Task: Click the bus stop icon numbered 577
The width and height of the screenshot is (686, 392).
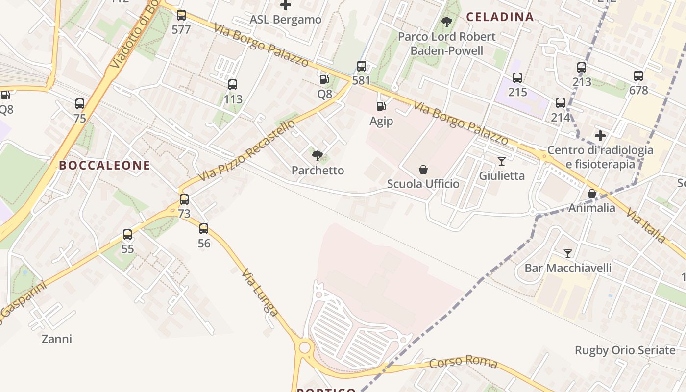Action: click(181, 15)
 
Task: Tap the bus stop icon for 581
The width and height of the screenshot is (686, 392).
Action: click(362, 66)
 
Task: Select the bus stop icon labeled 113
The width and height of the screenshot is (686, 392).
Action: click(233, 85)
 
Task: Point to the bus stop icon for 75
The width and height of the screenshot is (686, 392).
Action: click(80, 104)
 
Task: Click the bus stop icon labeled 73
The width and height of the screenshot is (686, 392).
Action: click(184, 199)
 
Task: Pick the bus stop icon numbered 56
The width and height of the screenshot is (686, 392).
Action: click(204, 229)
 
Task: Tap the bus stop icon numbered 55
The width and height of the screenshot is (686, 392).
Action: click(127, 235)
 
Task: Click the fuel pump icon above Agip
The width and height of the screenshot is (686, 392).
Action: click(381, 106)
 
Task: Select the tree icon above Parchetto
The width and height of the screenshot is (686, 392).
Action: click(318, 156)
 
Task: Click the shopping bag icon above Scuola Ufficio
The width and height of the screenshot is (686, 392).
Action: click(423, 170)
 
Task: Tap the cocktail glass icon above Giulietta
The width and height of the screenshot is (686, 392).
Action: click(501, 161)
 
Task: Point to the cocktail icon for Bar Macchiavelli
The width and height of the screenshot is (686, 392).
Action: click(568, 254)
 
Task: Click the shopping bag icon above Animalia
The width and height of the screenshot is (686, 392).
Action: click(592, 194)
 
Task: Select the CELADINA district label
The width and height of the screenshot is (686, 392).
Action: click(500, 17)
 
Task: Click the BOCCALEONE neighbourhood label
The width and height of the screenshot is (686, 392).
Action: click(104, 166)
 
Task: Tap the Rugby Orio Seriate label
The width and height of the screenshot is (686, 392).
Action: click(625, 350)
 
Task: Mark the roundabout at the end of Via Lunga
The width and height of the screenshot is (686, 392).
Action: click(305, 347)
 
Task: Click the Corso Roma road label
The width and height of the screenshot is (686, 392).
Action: click(463, 363)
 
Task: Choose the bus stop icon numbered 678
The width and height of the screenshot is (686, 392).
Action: click(638, 76)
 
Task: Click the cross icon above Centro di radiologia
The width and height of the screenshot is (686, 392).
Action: click(600, 136)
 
